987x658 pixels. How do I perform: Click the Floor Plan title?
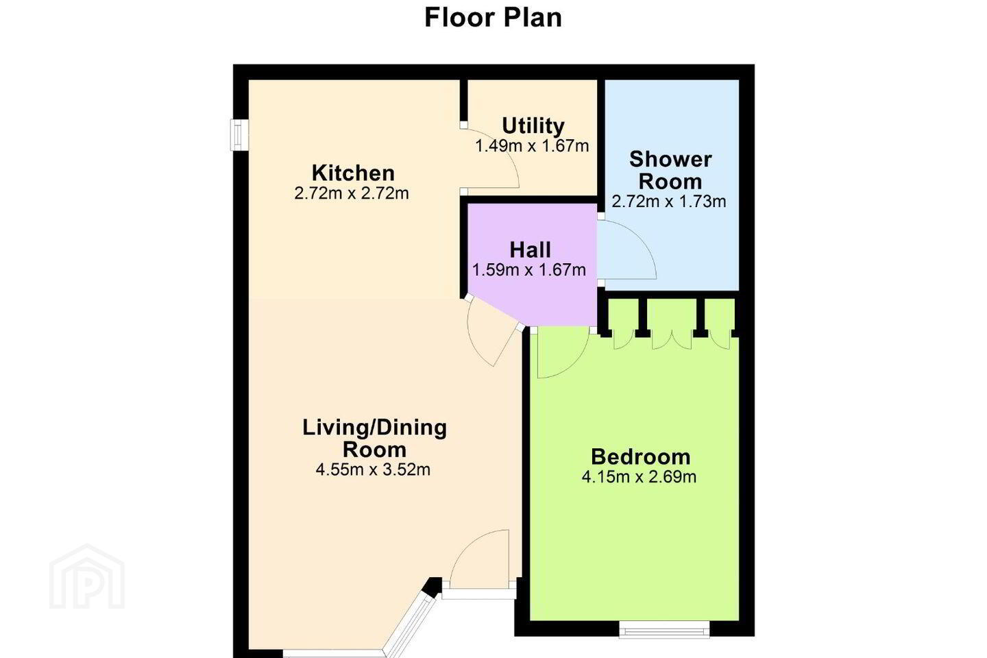click(x=493, y=18)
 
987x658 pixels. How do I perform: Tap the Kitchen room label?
click(x=353, y=173)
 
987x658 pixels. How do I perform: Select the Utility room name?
click(x=533, y=126)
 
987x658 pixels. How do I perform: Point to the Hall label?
click(x=530, y=250)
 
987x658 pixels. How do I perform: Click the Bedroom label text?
click(x=640, y=456)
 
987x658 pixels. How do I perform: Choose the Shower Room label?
click(x=670, y=170)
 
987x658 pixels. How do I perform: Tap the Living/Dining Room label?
click(x=374, y=438)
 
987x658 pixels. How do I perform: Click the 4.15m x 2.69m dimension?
click(x=639, y=477)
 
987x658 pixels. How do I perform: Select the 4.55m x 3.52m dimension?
click(x=373, y=470)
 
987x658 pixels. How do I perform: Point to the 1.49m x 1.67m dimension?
click(x=532, y=146)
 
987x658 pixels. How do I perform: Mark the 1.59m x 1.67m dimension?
click(x=529, y=270)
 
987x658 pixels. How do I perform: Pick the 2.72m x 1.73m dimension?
click(x=669, y=202)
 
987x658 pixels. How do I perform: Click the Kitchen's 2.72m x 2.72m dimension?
click(x=352, y=193)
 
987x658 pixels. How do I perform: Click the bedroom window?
click(x=664, y=629)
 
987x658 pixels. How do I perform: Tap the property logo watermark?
click(x=87, y=577)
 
